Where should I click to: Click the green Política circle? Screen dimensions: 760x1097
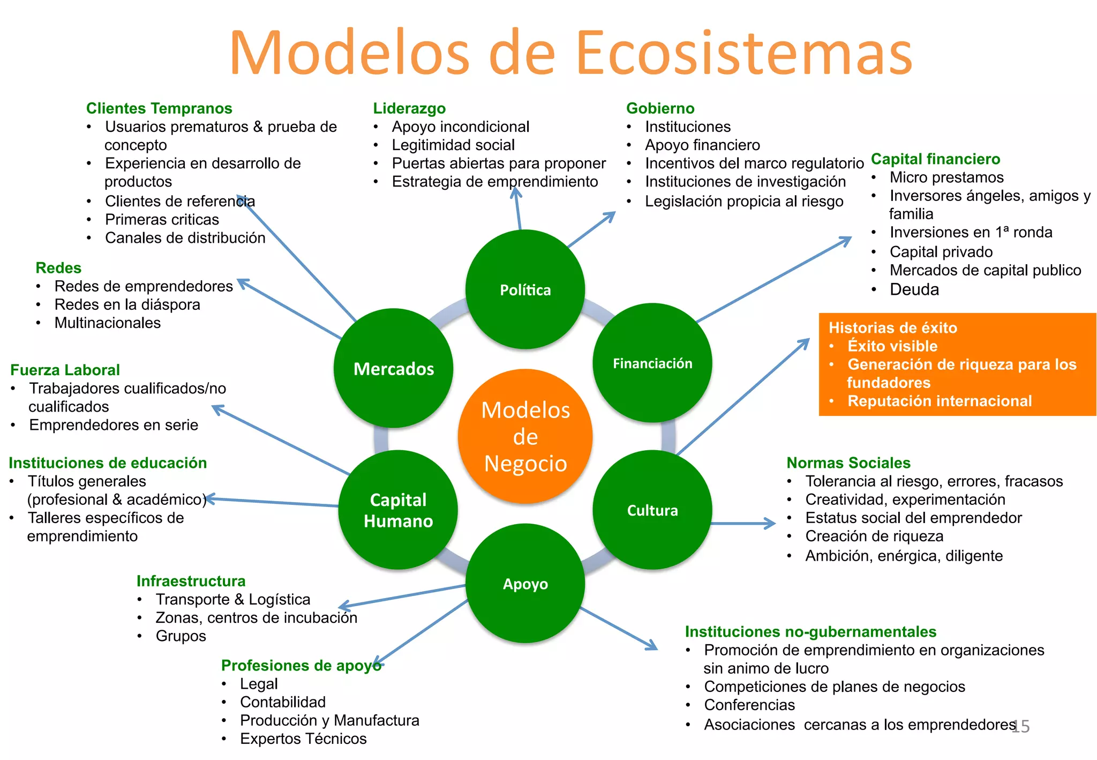pos(525,289)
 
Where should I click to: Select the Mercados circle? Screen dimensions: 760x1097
pos(394,368)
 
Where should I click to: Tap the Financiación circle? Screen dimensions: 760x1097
pos(652,363)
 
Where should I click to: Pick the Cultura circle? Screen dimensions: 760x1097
pos(652,510)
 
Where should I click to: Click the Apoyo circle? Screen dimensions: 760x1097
pos(525,583)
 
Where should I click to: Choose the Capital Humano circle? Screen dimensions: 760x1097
pos(398,510)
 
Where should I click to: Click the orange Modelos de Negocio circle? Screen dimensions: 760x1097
pos(525,436)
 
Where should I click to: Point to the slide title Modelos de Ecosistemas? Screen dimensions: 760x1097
pos(570,53)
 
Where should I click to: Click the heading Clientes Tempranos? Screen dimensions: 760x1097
pos(159,108)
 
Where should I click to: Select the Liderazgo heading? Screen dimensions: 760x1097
pos(409,108)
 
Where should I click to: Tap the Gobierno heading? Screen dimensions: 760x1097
pos(660,108)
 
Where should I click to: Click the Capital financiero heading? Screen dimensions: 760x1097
pos(935,159)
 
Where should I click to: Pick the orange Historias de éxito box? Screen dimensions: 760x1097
pos(957,364)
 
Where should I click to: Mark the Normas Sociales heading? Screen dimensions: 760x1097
pos(848,463)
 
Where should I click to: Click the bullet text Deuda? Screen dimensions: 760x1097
pos(914,289)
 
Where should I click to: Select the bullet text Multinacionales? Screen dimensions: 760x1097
pos(107,323)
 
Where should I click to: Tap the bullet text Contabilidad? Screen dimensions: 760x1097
pos(283,702)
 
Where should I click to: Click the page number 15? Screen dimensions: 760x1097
pos(1020,726)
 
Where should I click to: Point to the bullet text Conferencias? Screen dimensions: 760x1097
pos(749,705)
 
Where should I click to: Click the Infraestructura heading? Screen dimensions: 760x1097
pos(191,581)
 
